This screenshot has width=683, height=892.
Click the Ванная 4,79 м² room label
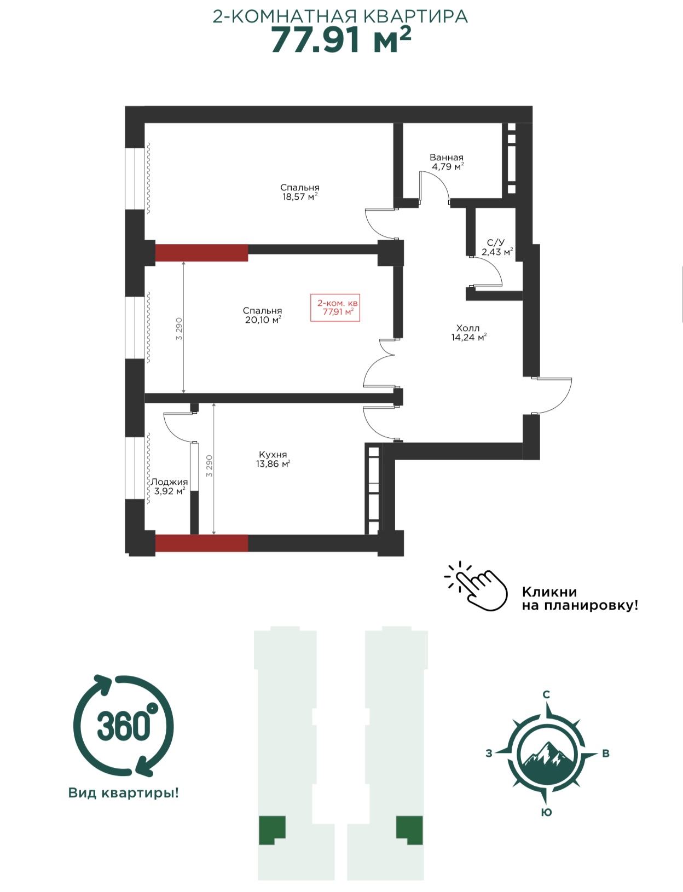coord(448,162)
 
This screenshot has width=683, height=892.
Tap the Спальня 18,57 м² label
coord(300,192)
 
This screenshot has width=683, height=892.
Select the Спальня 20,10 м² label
coord(262,315)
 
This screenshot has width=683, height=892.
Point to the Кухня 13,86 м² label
coord(273,459)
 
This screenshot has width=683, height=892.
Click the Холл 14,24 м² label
coord(468,333)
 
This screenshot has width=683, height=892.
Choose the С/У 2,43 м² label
coord(497,247)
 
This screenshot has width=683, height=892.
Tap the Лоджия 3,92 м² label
coord(169,486)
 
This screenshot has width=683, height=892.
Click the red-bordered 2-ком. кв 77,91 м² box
coord(335,308)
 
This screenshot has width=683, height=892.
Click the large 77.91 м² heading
coord(340,40)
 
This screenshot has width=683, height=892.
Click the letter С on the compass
coord(546,694)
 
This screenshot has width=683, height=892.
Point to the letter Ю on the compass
coord(546,812)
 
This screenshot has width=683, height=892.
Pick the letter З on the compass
coord(488,753)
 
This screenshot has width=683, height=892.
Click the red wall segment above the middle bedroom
coord(201,253)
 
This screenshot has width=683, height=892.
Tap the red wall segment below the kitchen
coord(201,543)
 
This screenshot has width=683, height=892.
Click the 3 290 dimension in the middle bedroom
coord(179,328)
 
